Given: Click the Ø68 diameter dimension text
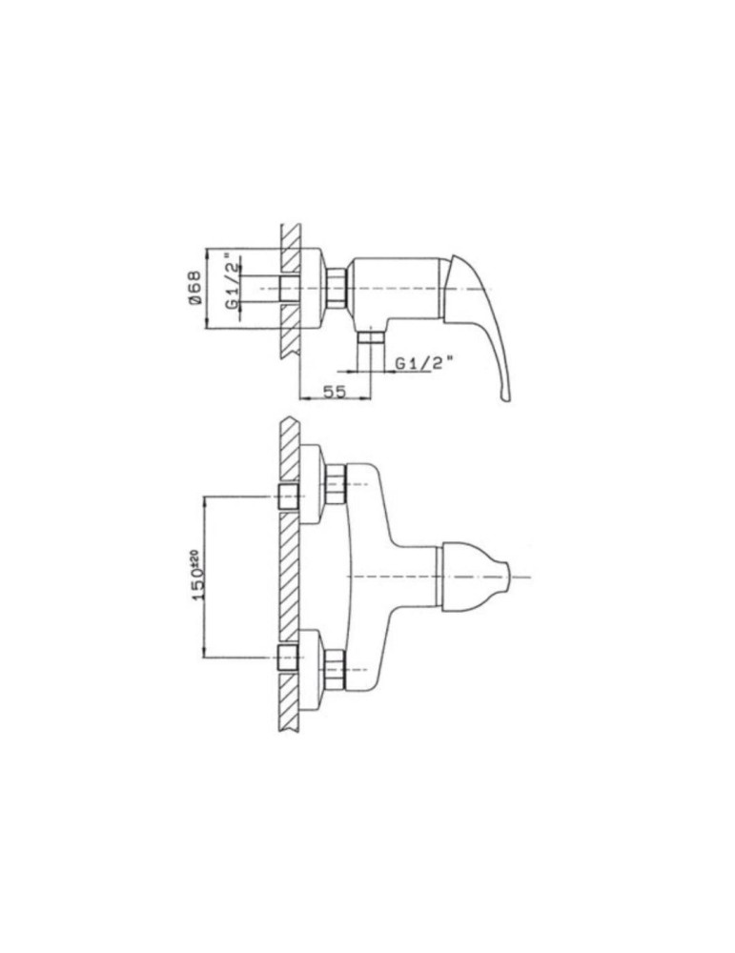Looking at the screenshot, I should click(194, 287).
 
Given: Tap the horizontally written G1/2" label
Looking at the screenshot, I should click(424, 362).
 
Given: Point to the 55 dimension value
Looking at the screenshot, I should click(334, 392).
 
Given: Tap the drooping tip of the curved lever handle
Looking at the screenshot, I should click(502, 394).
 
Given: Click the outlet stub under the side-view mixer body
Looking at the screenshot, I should click(369, 340).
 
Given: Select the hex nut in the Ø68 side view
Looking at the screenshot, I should click(335, 287).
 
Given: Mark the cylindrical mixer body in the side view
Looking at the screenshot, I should click(396, 287).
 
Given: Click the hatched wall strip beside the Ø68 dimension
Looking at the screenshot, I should click(290, 291).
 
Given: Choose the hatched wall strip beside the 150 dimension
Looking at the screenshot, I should click(288, 577).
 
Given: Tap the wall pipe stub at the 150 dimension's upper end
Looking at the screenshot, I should click(287, 497).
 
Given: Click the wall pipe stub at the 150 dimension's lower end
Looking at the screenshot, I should click(287, 657).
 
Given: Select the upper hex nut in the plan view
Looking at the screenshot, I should click(334, 483).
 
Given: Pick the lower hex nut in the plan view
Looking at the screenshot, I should click(334, 668).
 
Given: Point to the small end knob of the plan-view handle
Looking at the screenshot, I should click(519, 577).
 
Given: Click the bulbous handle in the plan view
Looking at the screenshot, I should click(472, 576).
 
